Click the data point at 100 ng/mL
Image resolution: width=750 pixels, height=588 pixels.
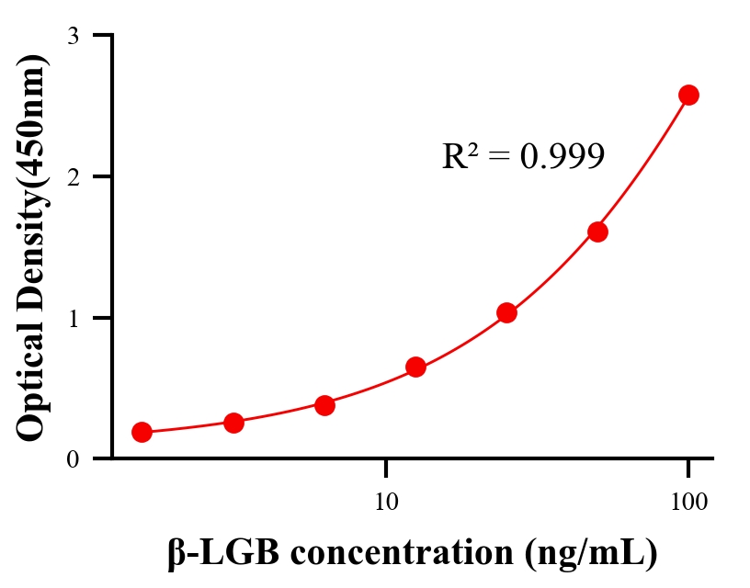pos(688,95)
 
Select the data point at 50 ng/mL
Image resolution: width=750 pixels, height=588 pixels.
pos(597,232)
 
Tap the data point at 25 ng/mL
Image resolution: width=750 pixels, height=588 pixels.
pos(506,312)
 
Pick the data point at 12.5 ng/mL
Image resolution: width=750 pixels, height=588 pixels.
pos(415,367)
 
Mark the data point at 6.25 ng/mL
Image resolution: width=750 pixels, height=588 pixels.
pos(324,405)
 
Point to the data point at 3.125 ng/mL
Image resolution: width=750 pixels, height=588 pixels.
pos(233,423)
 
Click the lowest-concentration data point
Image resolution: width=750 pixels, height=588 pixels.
pos(142,432)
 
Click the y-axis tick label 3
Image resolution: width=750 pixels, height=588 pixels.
pos(74,36)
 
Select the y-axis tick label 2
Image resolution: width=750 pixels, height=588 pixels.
pos(74,176)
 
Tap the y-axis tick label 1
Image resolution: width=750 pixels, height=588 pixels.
pos(74,318)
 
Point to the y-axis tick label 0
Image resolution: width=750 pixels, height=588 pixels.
pos(74,458)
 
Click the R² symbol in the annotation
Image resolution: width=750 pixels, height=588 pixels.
pos(459,156)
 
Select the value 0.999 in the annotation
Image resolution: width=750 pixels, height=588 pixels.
pos(562,157)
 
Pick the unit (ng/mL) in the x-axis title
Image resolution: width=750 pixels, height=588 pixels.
pos(591,554)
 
